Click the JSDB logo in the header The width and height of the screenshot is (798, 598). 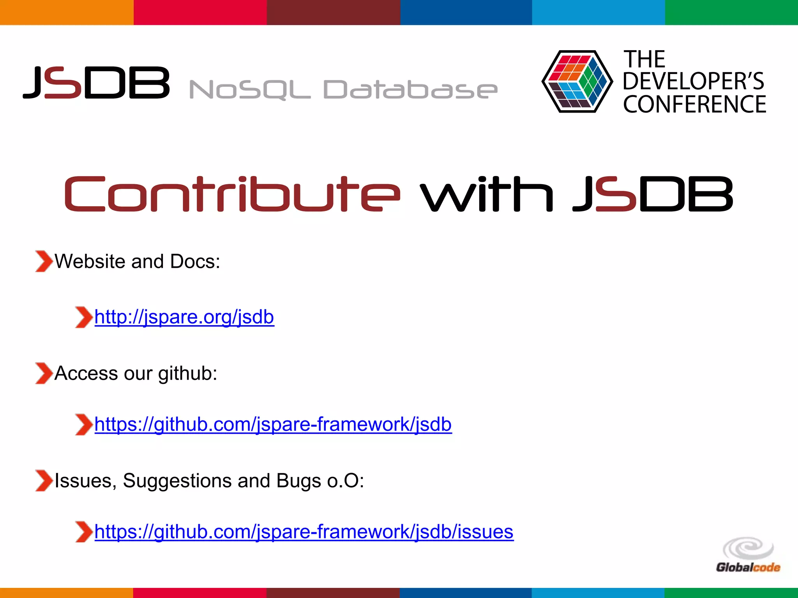pos(97,82)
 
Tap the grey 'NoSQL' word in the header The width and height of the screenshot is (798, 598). pos(249,90)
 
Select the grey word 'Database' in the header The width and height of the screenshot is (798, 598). pos(410,90)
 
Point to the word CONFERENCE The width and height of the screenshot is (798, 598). pos(694,104)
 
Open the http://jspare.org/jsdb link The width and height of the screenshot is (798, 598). pos(184,317)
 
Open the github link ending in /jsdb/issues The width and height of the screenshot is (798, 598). pos(304,532)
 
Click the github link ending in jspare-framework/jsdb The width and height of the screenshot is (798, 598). pos(273,424)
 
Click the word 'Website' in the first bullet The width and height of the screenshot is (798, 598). pos(90,261)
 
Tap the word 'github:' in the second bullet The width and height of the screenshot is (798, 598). pos(187,374)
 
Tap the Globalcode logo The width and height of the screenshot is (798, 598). pos(748,555)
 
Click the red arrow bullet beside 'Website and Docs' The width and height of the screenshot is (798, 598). pos(44,261)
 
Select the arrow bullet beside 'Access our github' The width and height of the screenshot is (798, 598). pos(44,373)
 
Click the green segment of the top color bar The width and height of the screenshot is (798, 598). pos(731,12)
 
